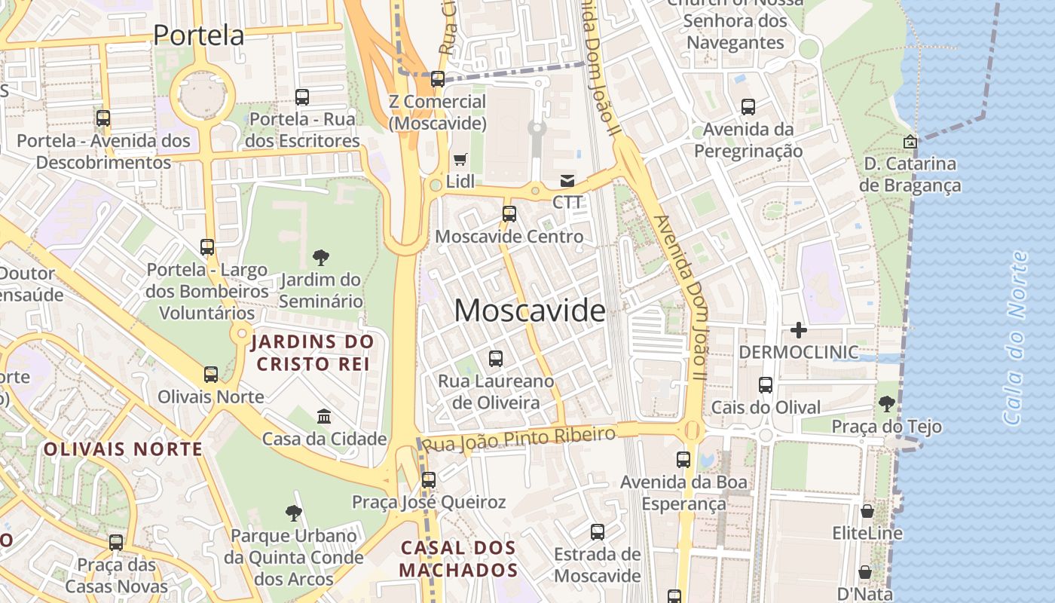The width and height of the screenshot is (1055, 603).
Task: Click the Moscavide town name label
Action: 530,311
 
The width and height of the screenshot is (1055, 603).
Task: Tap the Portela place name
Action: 199,35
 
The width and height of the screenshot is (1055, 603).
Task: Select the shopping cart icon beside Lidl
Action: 460,159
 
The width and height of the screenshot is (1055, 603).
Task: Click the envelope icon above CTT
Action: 567,181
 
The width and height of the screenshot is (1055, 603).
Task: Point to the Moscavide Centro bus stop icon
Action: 509,214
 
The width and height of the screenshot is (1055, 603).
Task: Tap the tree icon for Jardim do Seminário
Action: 321,258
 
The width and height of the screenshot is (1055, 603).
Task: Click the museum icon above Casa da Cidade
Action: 324,416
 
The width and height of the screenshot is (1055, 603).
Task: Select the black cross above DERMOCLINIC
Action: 799,330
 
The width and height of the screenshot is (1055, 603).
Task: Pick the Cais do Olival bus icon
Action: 766,385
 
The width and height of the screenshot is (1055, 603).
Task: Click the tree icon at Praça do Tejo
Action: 887,405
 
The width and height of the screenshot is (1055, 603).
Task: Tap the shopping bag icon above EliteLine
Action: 867,511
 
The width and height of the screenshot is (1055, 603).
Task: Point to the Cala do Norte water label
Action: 1016,338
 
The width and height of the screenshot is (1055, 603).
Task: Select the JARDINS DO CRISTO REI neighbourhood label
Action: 312,353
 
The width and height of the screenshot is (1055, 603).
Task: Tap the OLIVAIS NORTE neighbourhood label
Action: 123,450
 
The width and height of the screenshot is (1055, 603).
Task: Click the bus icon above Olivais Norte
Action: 211,375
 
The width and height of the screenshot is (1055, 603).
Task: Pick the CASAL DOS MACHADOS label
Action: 458,559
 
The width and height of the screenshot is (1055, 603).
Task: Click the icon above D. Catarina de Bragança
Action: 910,141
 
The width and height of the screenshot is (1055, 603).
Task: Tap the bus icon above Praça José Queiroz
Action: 429,479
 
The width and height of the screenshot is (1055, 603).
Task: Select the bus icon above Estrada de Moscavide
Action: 598,532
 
